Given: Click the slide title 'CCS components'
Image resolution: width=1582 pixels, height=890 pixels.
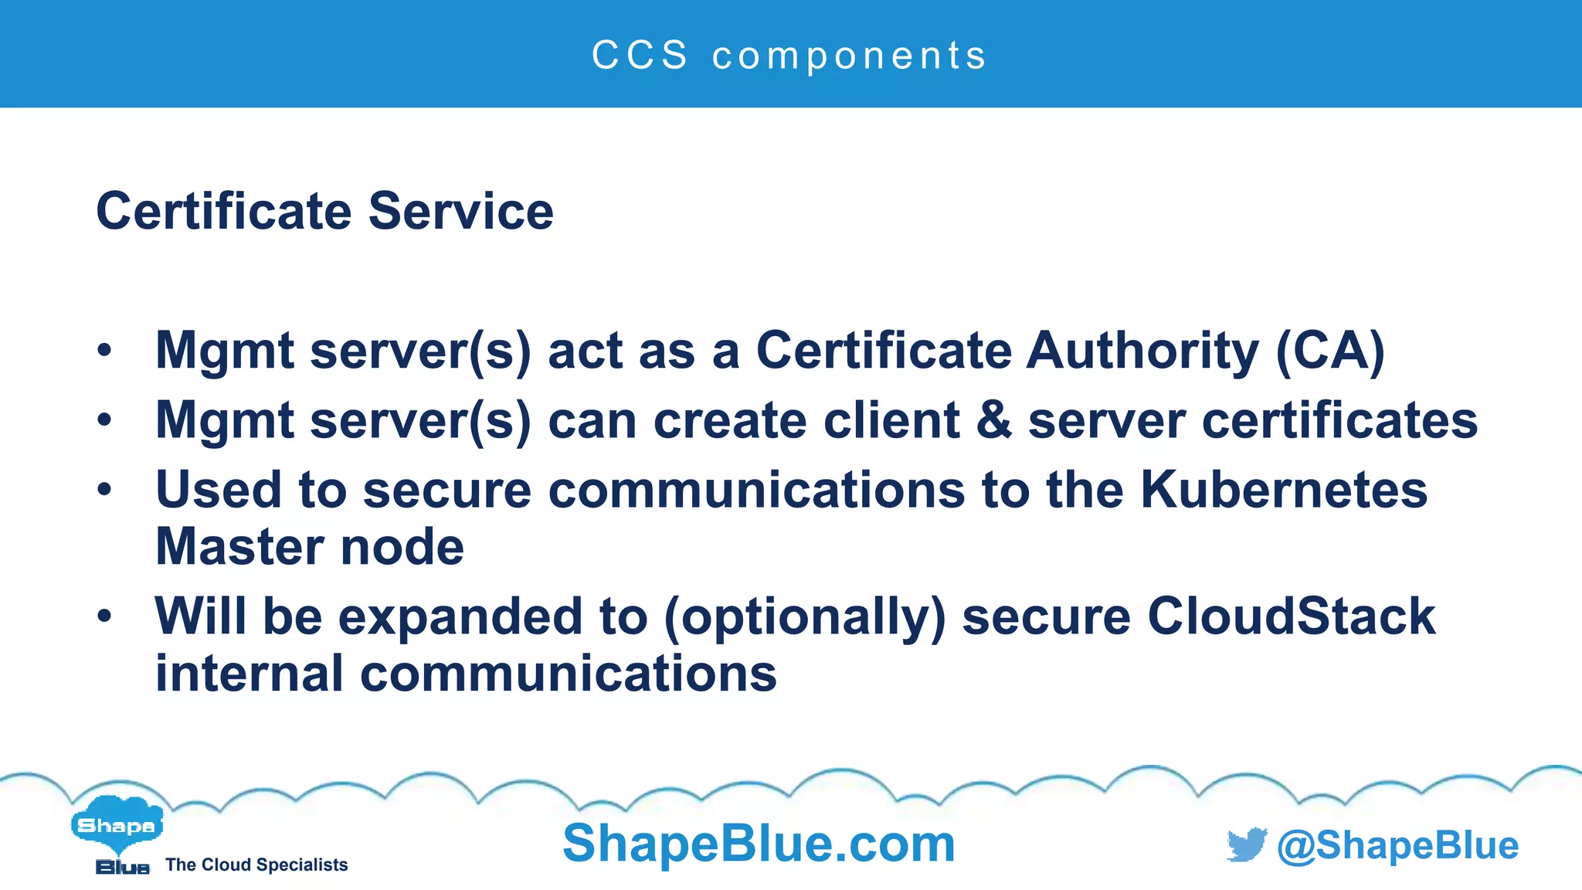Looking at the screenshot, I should tap(789, 56).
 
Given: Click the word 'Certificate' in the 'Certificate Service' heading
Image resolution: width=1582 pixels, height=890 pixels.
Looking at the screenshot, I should tap(224, 211).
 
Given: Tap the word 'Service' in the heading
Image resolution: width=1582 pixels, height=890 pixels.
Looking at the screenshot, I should tap(461, 211).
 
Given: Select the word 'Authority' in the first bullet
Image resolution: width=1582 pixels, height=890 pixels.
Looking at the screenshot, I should tap(1142, 351).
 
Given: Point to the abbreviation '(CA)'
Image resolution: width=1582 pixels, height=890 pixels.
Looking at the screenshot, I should tap(1329, 352).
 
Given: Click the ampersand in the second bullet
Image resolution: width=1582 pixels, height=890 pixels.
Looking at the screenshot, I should tap(993, 420).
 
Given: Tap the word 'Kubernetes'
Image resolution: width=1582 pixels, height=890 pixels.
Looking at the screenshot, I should tap(1284, 490).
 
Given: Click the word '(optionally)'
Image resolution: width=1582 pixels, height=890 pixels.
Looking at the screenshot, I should tap(804, 617).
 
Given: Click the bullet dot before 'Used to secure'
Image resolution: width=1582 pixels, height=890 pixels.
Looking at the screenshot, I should tap(104, 489).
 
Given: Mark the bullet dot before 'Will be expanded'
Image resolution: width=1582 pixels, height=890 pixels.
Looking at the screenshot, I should tap(104, 616).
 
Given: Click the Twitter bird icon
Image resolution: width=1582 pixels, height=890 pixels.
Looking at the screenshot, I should tap(1246, 845).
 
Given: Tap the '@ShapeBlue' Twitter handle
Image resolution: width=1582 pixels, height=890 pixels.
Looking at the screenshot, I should tap(1397, 845).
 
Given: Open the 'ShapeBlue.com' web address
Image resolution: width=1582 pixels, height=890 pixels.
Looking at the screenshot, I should tap(759, 843).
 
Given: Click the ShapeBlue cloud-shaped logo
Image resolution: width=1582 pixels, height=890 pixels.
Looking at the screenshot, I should tap(117, 827).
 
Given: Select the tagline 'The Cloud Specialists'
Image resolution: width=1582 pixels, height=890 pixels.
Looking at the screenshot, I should tap(256, 865).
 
